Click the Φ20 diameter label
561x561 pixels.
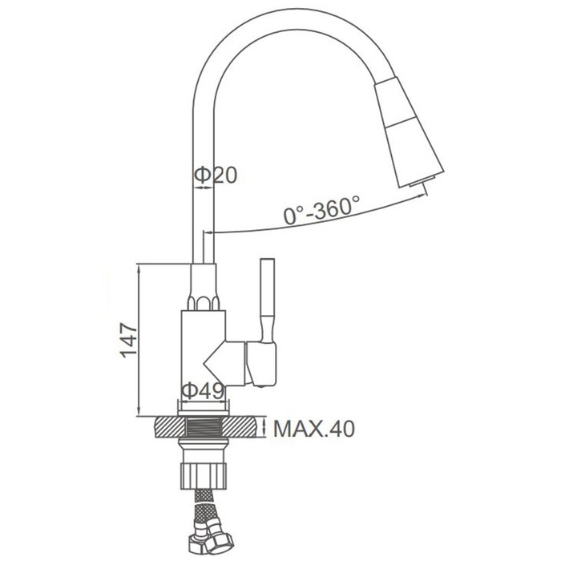216,176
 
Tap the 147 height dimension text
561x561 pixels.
129,341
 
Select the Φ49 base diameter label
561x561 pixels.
203,391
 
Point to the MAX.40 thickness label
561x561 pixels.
314,428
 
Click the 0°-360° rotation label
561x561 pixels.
321,210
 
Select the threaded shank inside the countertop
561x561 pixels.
204,427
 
